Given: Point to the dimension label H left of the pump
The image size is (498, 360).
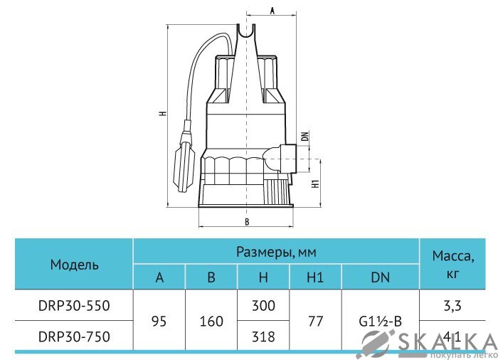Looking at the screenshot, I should coord(163,114).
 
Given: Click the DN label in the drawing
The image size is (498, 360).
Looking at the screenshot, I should coord(304,137).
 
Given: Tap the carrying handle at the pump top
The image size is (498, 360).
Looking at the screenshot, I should coord(246,33).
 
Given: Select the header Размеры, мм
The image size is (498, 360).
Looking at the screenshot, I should coord(276,252).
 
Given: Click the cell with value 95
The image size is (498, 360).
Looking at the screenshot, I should coord(159,321).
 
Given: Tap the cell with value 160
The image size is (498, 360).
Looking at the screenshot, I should coord(211,321).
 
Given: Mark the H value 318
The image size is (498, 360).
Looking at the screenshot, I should coord(263,337).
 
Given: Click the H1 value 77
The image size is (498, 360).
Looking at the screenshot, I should coord(315,321).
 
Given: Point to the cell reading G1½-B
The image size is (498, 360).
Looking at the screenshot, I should coord(380,321).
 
